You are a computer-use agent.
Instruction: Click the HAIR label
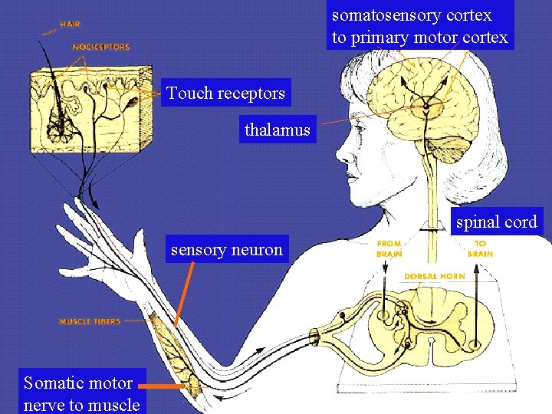70,24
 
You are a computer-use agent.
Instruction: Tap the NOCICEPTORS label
100,47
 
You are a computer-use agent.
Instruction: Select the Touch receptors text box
226,94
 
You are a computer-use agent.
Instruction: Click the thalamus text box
277,130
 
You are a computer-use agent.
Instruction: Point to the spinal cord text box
496,222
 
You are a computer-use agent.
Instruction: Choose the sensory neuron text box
227,249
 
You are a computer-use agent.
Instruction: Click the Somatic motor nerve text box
81,393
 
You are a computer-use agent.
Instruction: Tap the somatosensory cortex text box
419,26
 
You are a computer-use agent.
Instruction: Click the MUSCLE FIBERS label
90,321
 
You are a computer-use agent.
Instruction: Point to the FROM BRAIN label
389,248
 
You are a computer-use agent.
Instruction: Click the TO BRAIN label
479,248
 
